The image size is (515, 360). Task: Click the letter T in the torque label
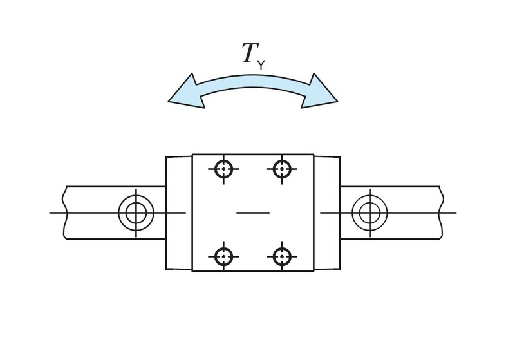click(x=250, y=53)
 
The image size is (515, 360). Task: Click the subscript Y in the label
click(x=261, y=65)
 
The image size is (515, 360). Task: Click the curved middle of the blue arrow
click(x=253, y=80)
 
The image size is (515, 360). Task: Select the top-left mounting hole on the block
click(x=223, y=169)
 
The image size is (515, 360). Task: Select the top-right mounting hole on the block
click(x=282, y=169)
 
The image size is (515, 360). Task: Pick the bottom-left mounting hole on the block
click(x=223, y=256)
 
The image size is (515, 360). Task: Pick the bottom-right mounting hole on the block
click(x=282, y=256)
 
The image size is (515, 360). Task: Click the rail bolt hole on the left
click(x=136, y=213)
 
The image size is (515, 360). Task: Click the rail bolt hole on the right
click(x=370, y=213)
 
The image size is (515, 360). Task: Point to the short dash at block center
click(x=253, y=213)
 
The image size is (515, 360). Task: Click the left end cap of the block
click(x=179, y=213)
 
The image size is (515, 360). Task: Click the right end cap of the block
click(x=327, y=213)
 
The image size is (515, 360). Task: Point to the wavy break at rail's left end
click(x=65, y=213)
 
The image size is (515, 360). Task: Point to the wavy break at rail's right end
click(x=442, y=213)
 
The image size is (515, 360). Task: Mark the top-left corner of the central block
click(x=192, y=154)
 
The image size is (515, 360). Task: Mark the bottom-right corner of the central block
click(x=314, y=271)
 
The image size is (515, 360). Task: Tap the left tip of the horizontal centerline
click(x=50, y=213)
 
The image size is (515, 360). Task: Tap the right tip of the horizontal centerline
click(x=456, y=213)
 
